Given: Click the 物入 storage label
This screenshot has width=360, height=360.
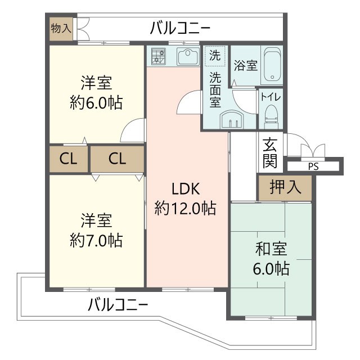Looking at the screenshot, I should pos(60,28).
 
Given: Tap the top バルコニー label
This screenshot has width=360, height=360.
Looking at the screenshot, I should pos(181,27).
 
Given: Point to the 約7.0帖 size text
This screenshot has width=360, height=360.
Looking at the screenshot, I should pos(97,240).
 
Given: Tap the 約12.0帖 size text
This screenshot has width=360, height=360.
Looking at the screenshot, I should pos(186,209).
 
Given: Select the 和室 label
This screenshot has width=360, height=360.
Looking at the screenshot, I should pos(271,248).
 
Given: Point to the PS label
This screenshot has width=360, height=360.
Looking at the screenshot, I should pos(312,166).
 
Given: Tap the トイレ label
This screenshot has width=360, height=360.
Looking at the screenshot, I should pos(271,96).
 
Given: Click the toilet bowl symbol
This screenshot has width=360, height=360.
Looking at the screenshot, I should pos(271,115).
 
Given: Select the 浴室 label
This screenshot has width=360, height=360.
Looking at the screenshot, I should pos(246,65).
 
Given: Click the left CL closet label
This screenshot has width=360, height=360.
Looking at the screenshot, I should pos(68,160).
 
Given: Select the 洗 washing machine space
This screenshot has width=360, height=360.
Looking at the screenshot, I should pos(215,56).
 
